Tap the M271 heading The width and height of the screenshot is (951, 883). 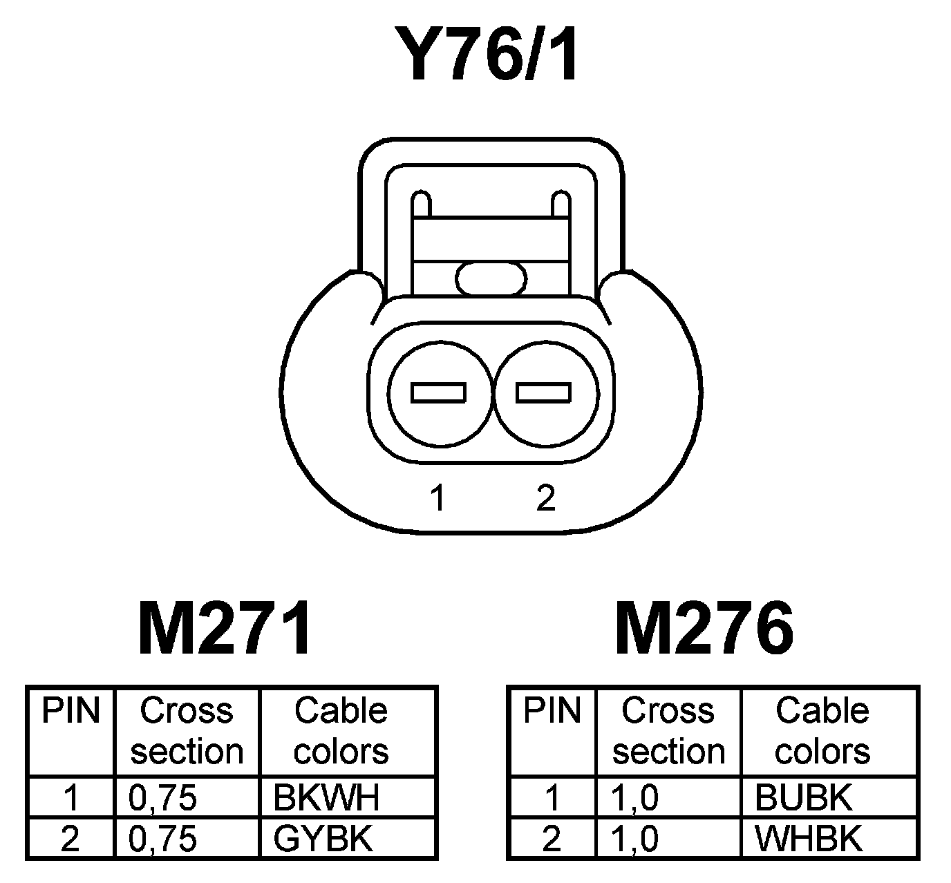click(225, 629)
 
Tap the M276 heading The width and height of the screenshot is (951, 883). click(704, 629)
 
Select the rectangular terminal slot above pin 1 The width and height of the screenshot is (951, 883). click(438, 393)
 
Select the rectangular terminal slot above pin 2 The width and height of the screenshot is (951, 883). click(544, 393)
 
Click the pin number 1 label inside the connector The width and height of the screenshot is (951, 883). click(437, 497)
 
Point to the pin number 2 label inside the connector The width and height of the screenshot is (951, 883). click(545, 497)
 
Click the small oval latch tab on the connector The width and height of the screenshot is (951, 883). click(491, 279)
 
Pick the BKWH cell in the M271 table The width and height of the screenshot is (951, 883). click(326, 798)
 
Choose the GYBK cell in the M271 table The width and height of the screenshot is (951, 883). click(323, 839)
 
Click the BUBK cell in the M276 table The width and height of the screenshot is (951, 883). click(804, 798)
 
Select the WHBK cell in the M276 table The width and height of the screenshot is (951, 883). click(809, 839)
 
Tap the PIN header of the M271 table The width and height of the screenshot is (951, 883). click(70, 712)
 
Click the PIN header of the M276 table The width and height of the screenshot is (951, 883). click(552, 712)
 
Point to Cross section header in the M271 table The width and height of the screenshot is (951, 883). click(187, 731)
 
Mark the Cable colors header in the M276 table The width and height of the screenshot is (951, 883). click(822, 731)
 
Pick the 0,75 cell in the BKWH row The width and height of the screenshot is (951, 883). click(163, 798)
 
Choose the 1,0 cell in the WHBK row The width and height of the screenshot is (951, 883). click(635, 839)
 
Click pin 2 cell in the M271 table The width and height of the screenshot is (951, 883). click(70, 839)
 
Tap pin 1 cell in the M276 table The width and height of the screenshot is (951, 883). click(552, 798)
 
